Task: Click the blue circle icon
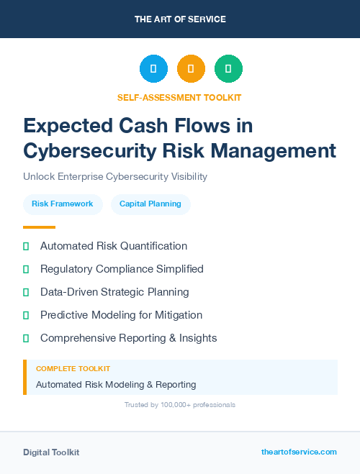(x=153, y=68)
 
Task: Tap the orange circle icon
(x=191, y=68)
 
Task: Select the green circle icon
(x=228, y=68)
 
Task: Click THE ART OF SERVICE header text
(x=180, y=19)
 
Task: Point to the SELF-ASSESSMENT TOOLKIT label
(x=179, y=98)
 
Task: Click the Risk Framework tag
(x=63, y=204)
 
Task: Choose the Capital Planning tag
(x=150, y=204)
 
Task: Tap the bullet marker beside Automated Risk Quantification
(x=26, y=246)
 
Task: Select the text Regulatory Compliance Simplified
(x=122, y=269)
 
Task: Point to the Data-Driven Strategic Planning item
(x=114, y=292)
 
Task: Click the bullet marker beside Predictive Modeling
(x=26, y=315)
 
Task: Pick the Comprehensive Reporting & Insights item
(x=128, y=338)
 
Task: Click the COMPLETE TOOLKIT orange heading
(x=73, y=368)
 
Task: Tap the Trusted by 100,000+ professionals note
(x=180, y=405)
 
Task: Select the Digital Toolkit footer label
(x=51, y=452)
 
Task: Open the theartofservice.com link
(x=299, y=452)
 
